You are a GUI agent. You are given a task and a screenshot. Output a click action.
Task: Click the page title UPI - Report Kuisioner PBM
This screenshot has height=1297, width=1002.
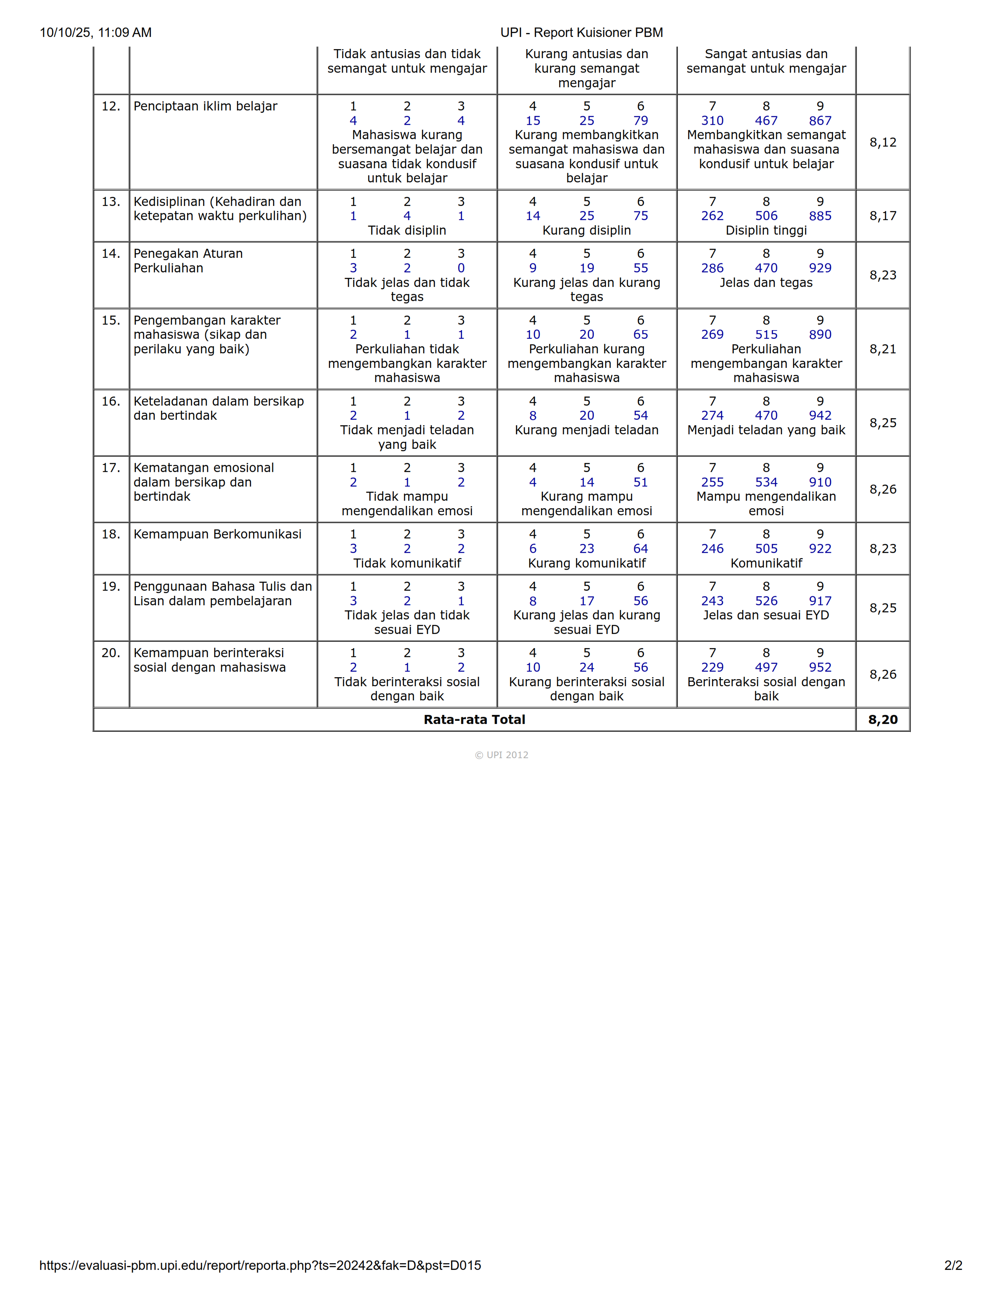click(581, 33)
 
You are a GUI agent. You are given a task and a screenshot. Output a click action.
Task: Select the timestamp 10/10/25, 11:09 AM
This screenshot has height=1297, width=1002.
click(95, 33)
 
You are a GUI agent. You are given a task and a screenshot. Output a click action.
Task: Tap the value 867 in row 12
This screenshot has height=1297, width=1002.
click(820, 121)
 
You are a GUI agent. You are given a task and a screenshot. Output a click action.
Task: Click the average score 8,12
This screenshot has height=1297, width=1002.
click(883, 143)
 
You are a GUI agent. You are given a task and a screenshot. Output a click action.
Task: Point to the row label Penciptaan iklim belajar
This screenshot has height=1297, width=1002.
click(206, 106)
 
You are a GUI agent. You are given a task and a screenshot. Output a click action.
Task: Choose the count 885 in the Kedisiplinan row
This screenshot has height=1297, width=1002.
click(820, 216)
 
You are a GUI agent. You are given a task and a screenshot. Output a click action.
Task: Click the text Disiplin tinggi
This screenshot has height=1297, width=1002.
click(766, 230)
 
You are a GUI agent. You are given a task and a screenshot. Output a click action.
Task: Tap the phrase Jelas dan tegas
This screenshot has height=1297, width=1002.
click(766, 283)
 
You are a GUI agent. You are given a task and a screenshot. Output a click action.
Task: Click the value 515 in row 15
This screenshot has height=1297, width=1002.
click(766, 335)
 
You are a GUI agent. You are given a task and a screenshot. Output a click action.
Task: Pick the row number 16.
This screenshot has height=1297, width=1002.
click(110, 401)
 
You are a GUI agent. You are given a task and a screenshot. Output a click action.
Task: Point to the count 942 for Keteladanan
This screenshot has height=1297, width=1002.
click(820, 416)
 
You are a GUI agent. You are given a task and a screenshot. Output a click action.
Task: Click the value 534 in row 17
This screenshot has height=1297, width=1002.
click(766, 482)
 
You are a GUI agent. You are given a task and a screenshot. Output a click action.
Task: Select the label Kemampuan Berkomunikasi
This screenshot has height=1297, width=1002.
click(217, 535)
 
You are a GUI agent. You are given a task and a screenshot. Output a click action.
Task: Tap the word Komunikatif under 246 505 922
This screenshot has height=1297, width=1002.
click(766, 563)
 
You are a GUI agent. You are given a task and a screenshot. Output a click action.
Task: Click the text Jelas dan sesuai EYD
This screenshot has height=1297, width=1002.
click(766, 615)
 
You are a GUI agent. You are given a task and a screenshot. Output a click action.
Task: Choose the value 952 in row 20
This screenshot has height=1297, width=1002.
click(820, 667)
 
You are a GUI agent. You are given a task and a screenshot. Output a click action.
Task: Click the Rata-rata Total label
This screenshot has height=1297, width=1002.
click(474, 720)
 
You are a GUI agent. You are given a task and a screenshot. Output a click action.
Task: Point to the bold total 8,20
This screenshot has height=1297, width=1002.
click(883, 720)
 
